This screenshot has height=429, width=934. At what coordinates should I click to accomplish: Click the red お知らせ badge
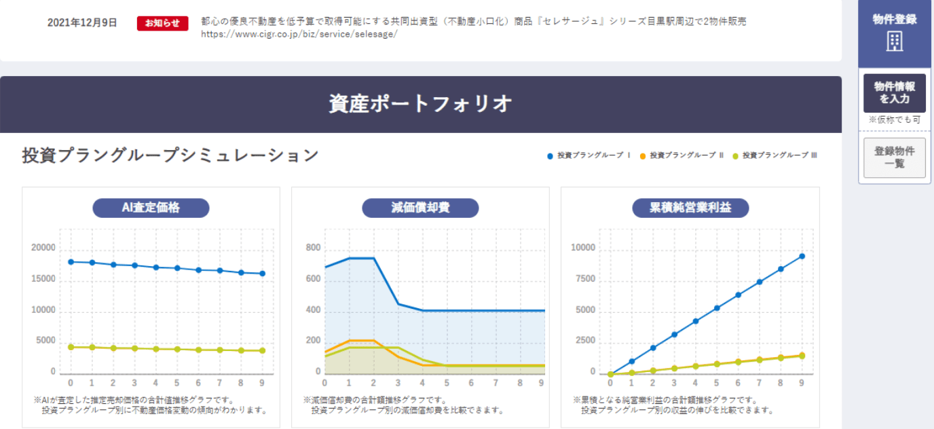(162, 23)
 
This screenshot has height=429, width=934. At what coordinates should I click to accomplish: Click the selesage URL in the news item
(299, 35)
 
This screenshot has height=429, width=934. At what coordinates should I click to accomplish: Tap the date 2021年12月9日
(82, 23)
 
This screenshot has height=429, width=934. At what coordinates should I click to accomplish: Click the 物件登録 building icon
(895, 42)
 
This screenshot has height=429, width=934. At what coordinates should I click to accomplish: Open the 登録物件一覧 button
(894, 157)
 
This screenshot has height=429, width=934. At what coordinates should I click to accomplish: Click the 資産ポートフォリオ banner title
(420, 104)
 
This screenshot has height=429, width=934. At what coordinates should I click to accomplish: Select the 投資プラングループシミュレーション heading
(170, 155)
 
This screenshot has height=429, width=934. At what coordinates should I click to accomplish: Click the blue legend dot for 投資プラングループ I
(550, 156)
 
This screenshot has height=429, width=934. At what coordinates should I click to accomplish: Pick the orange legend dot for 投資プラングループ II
(642, 156)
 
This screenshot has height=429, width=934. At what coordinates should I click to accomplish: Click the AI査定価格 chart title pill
(151, 208)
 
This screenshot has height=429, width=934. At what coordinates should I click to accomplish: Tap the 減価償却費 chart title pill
(420, 208)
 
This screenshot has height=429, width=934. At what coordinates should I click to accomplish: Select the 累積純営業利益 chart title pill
(690, 208)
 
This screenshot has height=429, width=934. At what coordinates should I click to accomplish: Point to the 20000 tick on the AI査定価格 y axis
(43, 248)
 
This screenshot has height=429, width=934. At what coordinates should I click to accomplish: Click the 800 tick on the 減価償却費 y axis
(313, 248)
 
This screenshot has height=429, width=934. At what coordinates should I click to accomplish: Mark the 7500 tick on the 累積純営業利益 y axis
(584, 280)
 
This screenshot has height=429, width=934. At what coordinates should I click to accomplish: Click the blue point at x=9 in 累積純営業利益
(802, 256)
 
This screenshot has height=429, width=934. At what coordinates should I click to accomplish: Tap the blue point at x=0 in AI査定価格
(71, 261)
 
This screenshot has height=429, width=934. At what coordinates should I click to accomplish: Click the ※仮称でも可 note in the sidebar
(894, 120)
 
